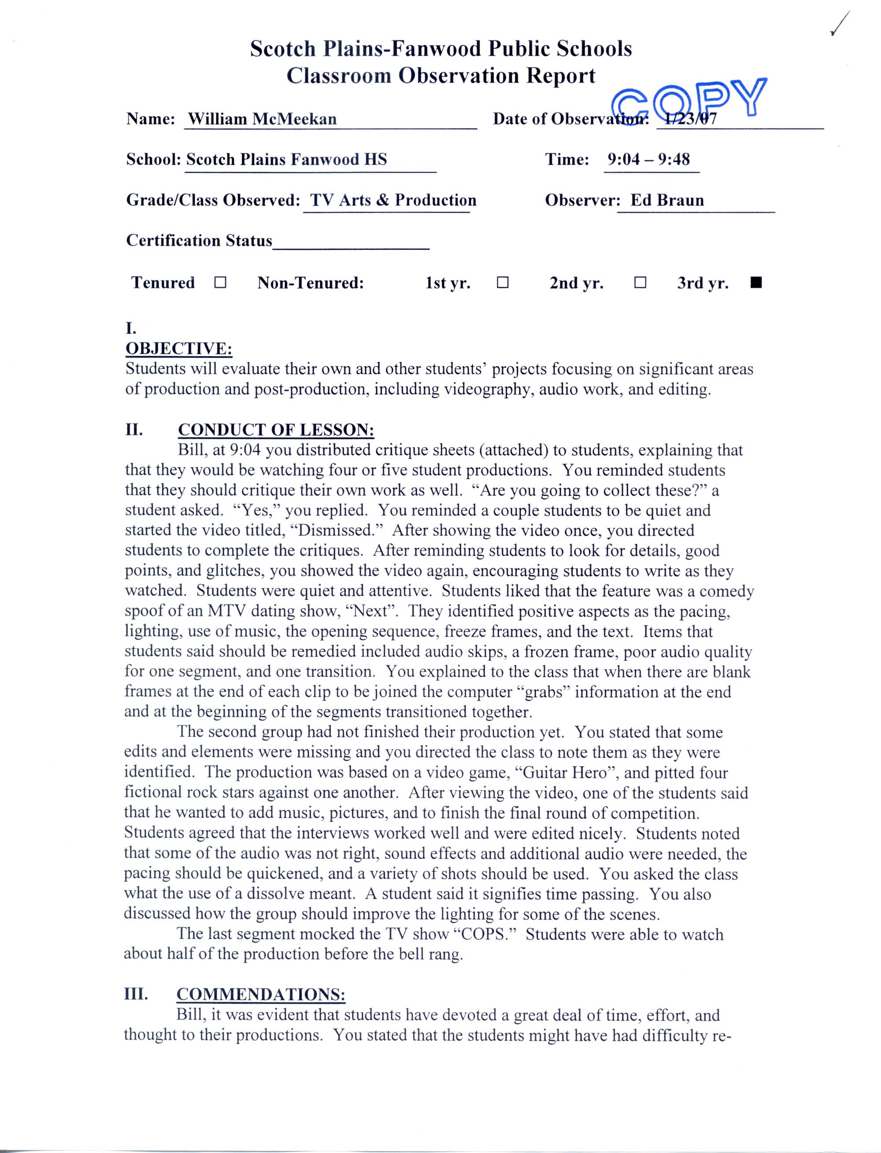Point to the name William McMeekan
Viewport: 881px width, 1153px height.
(262, 119)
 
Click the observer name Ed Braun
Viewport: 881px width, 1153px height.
(667, 200)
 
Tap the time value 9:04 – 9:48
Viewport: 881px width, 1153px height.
(649, 159)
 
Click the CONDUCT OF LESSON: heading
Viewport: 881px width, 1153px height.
(276, 430)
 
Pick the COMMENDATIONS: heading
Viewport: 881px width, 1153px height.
(261, 995)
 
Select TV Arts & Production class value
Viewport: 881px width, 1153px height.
(393, 200)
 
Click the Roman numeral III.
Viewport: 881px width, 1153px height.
(135, 994)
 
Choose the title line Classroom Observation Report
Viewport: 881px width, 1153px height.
(440, 75)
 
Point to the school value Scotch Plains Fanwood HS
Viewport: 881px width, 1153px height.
(286, 159)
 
